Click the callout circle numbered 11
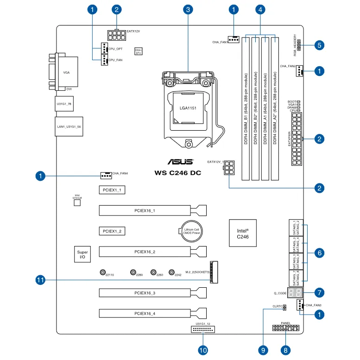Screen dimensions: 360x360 [40, 280]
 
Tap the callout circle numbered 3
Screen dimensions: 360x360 [187, 9]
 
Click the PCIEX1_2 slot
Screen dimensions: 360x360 [112, 231]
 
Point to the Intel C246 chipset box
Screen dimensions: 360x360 [243, 233]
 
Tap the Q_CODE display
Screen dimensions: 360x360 [295, 293]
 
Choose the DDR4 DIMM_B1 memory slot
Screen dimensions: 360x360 [246, 109]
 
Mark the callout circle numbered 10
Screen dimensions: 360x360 [202, 350]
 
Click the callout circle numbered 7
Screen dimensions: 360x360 [319, 293]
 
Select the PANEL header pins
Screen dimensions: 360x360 [285, 328]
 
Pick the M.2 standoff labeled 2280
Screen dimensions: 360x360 [133, 272]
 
